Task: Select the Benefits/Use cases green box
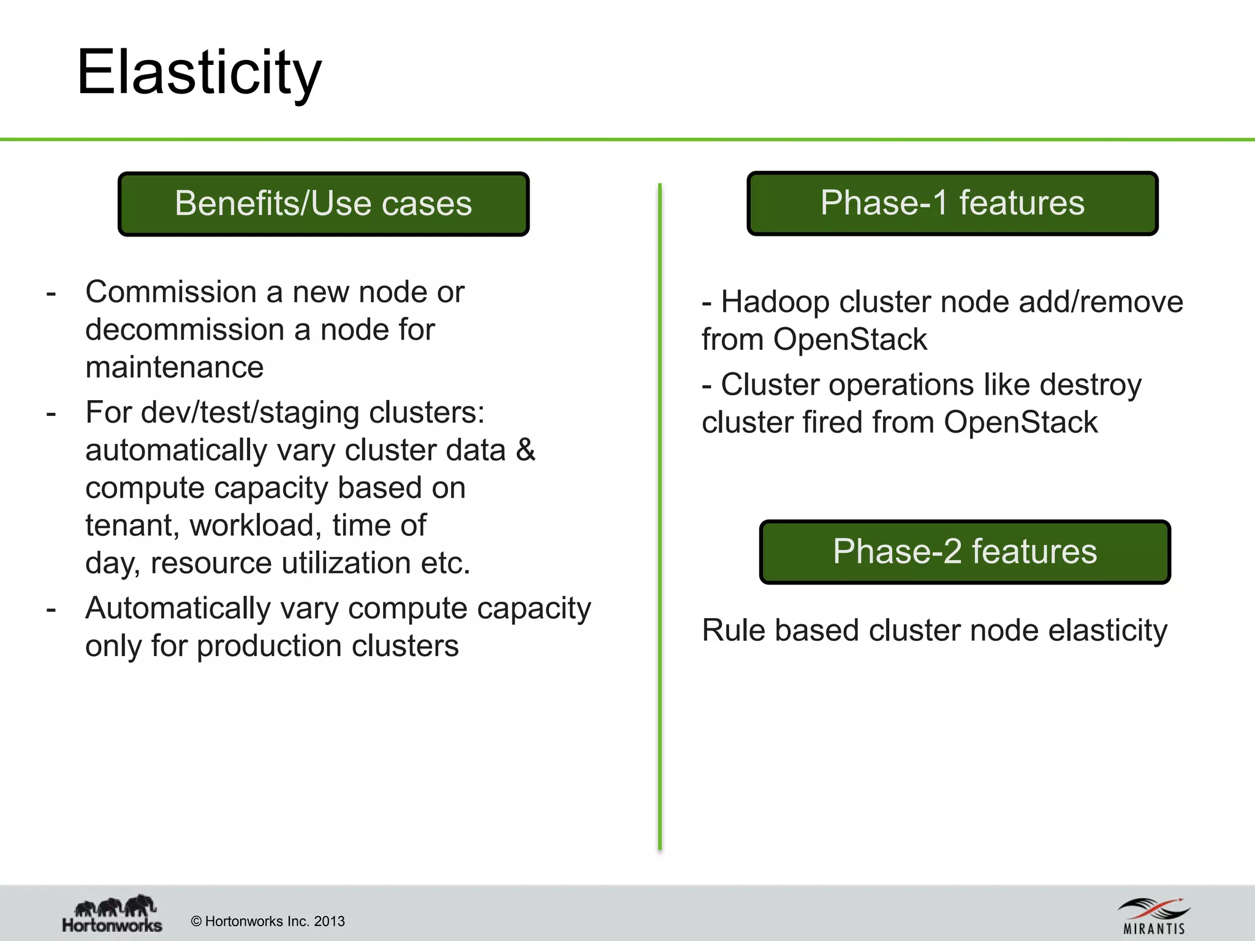(323, 204)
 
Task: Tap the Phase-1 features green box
(952, 203)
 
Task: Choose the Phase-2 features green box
(965, 551)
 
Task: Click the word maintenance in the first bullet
(174, 368)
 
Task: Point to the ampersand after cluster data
(525, 450)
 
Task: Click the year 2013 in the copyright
(329, 921)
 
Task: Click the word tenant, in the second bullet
(132, 526)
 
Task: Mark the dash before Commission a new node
(51, 293)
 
